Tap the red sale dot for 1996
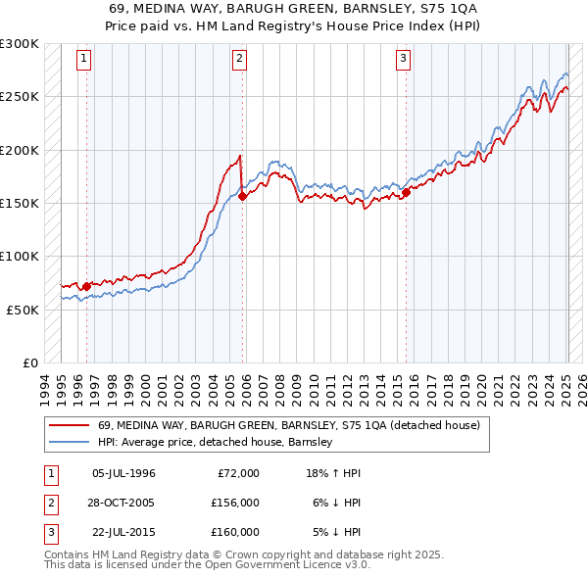point(86,286)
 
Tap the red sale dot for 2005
point(241,197)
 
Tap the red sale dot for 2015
point(405,192)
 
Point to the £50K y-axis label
point(23,310)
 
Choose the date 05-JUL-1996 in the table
point(123,473)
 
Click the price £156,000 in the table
point(235,503)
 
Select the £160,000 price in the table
point(235,532)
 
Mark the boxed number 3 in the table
point(49,532)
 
